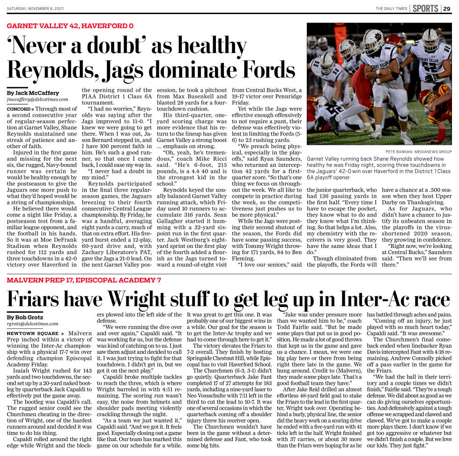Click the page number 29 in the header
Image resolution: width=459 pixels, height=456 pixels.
click(x=447, y=8)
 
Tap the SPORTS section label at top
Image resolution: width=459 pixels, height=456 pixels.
click(x=425, y=8)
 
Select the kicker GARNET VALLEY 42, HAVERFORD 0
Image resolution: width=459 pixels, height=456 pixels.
click(x=70, y=25)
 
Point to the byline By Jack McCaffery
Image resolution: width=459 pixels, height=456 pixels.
click(x=33, y=93)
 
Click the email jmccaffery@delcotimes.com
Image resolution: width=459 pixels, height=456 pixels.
click(x=37, y=99)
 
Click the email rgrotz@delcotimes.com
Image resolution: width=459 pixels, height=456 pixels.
click(x=32, y=324)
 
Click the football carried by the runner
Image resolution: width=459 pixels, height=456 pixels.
click(x=378, y=80)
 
